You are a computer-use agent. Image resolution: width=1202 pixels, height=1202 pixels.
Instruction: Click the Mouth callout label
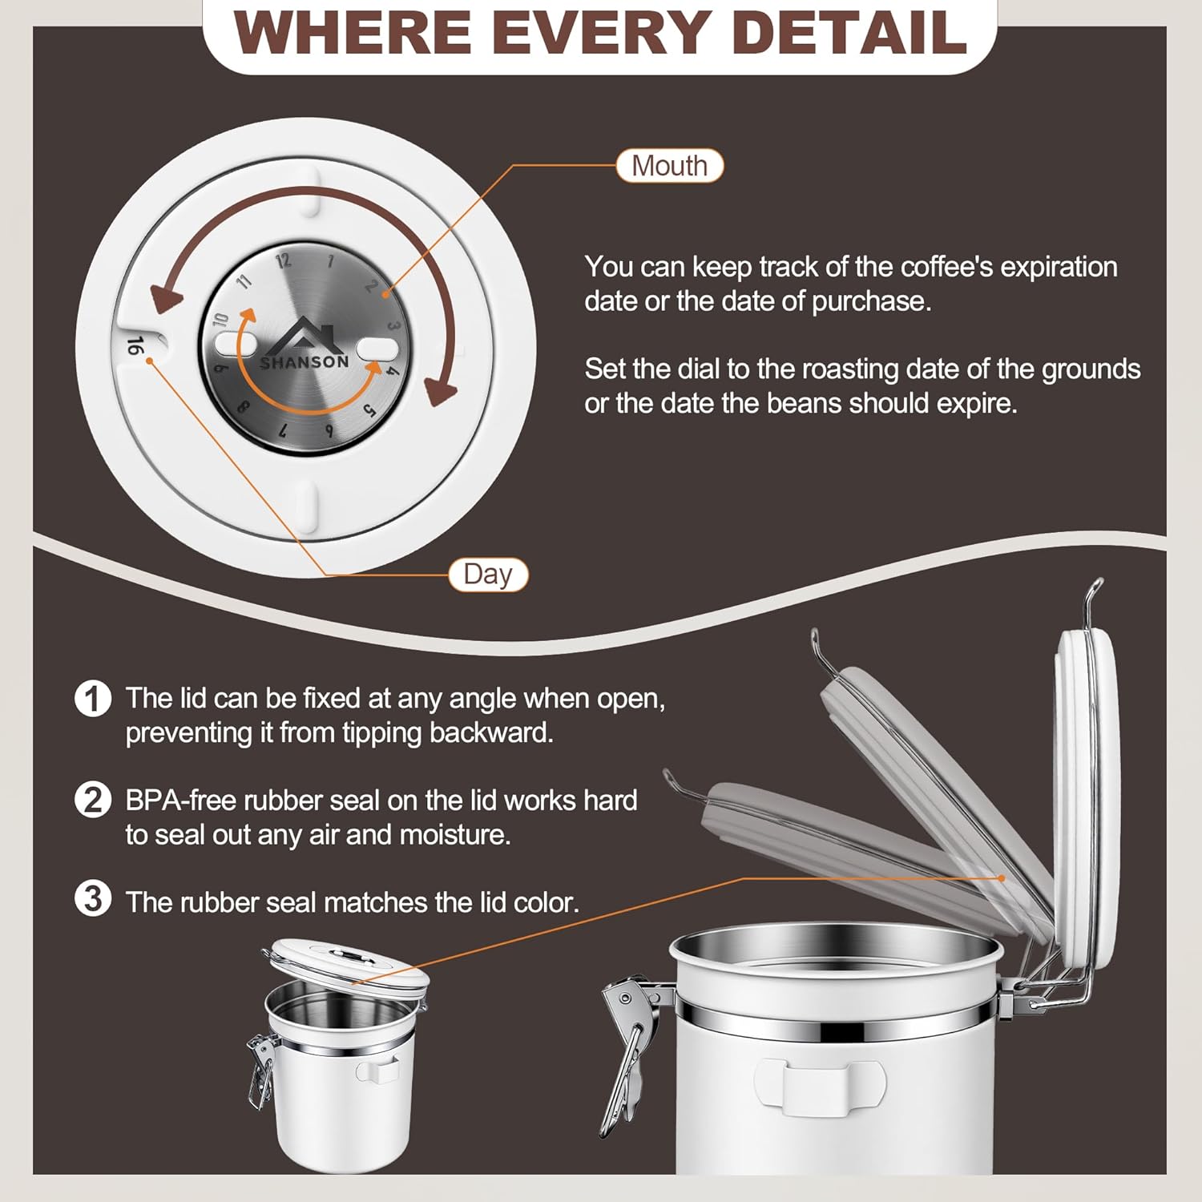coord(669,166)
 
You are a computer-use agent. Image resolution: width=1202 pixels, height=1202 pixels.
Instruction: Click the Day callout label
coord(487,575)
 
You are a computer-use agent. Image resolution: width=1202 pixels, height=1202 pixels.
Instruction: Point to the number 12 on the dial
coord(283,260)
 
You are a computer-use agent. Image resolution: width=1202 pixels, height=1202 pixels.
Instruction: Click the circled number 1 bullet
coord(93,698)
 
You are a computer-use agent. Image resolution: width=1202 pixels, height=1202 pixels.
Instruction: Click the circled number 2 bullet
coord(93,800)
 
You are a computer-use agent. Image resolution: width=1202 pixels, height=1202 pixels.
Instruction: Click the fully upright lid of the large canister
coord(1086,785)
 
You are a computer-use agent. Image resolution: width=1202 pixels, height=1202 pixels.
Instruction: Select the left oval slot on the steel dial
coord(235,345)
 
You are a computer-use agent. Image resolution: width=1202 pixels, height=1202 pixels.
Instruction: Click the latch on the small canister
coord(260,1070)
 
